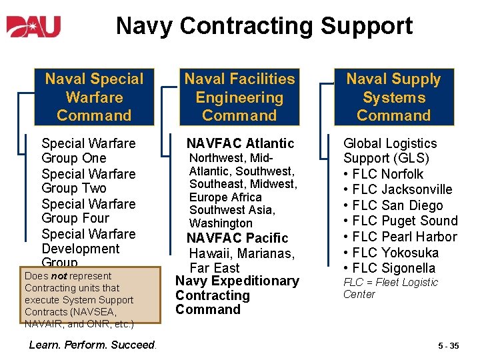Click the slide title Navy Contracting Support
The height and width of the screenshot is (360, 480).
pyautogui.click(x=264, y=26)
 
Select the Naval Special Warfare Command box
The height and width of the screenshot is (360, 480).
pyautogui.click(x=94, y=97)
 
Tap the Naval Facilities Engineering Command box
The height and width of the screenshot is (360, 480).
pyautogui.click(x=239, y=97)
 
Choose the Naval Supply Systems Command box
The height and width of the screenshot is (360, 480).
pyautogui.click(x=393, y=97)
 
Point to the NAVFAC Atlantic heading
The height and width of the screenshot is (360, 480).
pyautogui.click(x=240, y=143)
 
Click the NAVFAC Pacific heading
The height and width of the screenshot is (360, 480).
pyautogui.click(x=237, y=238)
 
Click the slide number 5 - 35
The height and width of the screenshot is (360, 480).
pyautogui.click(x=448, y=346)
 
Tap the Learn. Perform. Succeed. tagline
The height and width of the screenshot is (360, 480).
pyautogui.click(x=93, y=345)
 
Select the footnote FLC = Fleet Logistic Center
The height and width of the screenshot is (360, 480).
pyautogui.click(x=390, y=288)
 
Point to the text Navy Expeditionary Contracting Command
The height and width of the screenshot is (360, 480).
pyautogui.click(x=237, y=295)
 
